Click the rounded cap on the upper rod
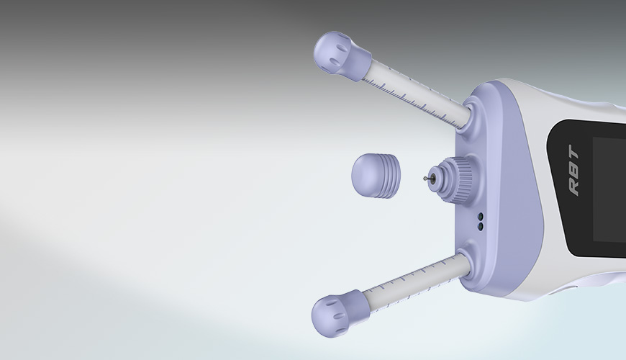(341, 55)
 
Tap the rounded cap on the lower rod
(340, 313)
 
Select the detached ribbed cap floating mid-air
(376, 176)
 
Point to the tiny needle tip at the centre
(425, 179)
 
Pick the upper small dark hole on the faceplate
(480, 217)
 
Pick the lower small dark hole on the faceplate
(480, 227)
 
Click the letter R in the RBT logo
(574, 187)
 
